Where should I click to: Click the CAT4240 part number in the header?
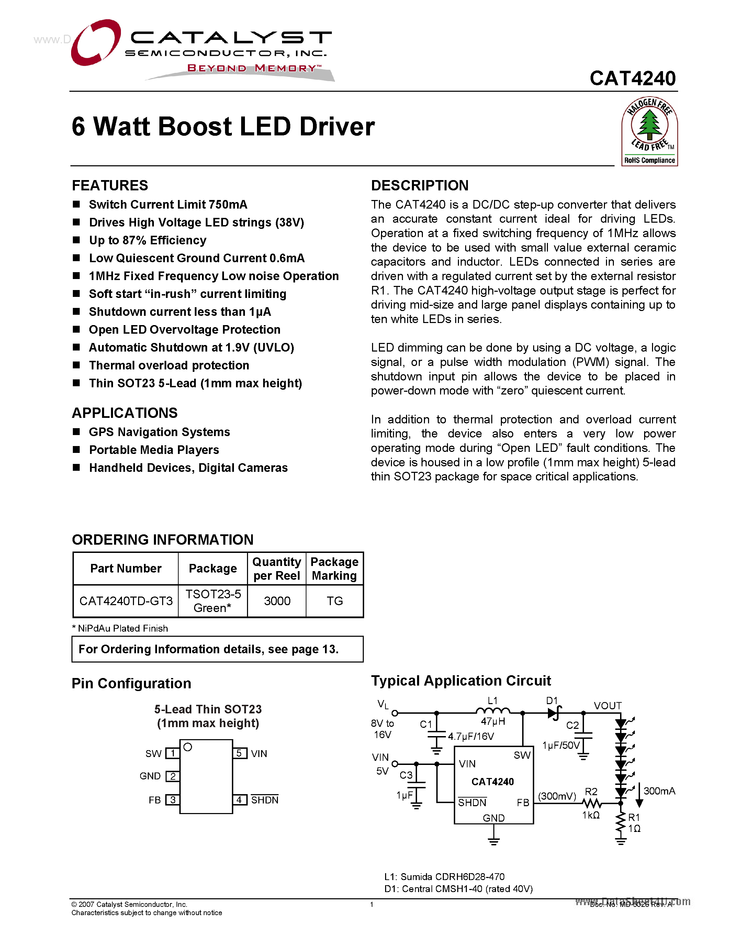[x=632, y=79]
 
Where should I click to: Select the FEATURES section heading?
[x=110, y=186]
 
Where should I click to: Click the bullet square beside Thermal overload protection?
[x=77, y=365]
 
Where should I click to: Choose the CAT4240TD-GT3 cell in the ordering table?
[x=126, y=601]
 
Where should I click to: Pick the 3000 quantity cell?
[x=277, y=601]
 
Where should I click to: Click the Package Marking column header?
[x=334, y=569]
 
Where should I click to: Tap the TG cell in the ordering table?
[x=334, y=601]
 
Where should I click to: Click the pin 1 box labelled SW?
[x=172, y=753]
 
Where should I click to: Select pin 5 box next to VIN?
[x=239, y=753]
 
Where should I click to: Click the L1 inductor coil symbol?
[x=493, y=711]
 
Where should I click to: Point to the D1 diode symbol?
[x=554, y=713]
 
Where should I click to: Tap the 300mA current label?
[x=659, y=791]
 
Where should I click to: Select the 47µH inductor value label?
[x=493, y=721]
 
